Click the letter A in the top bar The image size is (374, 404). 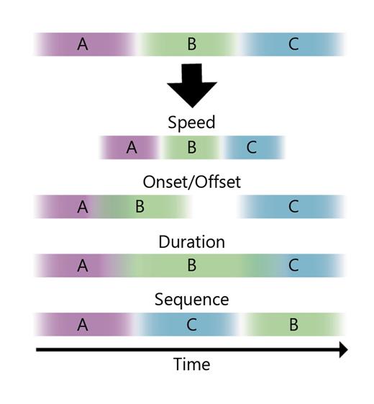83,45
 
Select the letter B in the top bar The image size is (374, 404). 191,45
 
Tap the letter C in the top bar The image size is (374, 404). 293,45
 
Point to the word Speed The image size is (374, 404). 191,122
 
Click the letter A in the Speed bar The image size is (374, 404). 131,148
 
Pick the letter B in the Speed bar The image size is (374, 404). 191,148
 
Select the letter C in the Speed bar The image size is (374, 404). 251,148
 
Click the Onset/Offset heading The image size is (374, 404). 191,181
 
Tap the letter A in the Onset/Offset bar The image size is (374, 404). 83,207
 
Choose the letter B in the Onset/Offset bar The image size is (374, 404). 140,207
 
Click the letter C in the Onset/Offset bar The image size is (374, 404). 293,207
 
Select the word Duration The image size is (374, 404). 191,241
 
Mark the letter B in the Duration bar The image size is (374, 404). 191,266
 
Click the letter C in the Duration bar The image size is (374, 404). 293,266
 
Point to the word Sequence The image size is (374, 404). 191,299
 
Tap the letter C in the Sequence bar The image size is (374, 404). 191,325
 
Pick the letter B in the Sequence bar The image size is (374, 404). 293,325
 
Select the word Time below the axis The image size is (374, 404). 191,364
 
